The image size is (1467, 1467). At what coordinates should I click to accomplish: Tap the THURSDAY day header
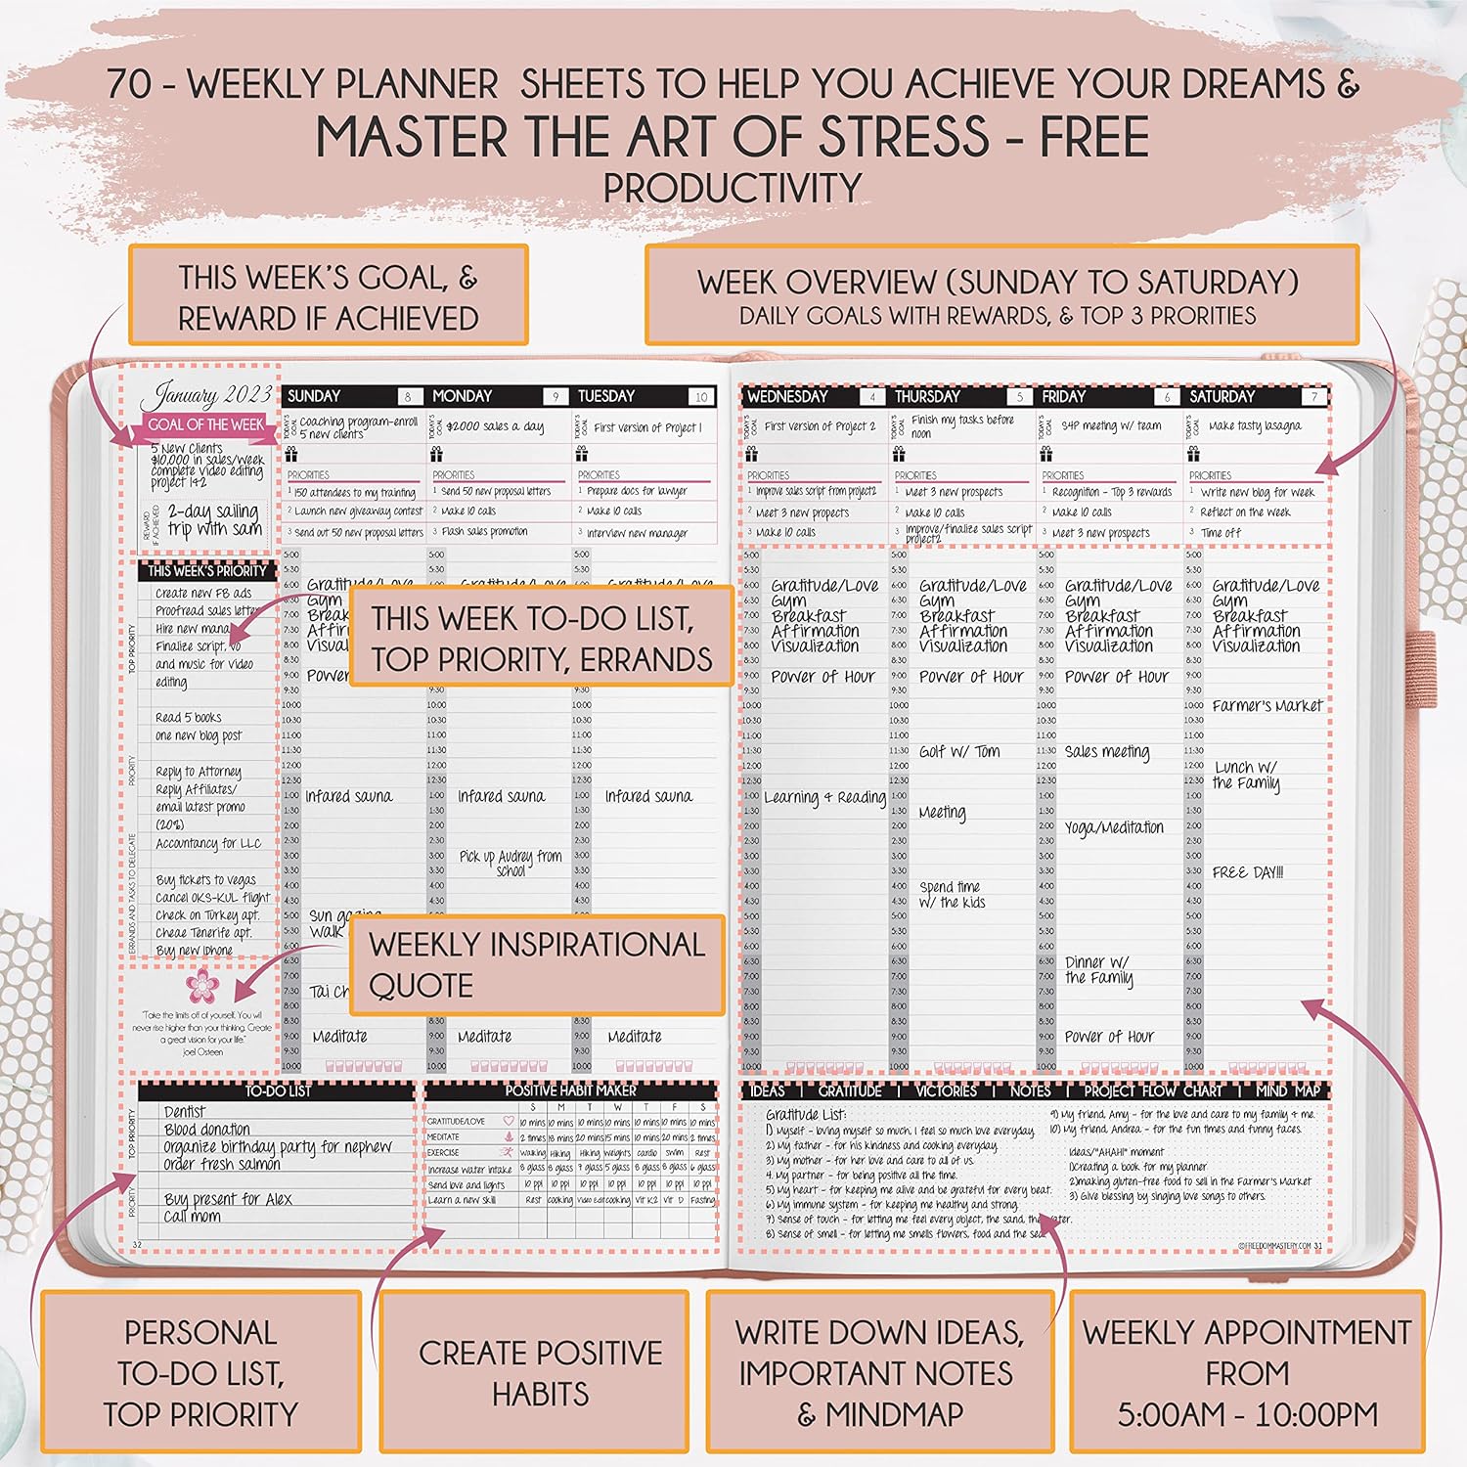[x=927, y=396]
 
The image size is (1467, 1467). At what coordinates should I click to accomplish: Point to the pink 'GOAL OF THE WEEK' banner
[x=205, y=424]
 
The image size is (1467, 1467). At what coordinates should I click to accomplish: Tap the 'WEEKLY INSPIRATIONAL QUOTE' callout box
[x=537, y=964]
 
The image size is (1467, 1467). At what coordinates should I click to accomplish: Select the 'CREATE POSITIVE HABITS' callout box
[x=541, y=1372]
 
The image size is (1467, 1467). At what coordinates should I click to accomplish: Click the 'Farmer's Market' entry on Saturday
[x=1267, y=705]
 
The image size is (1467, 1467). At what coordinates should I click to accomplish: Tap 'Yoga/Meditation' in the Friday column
[x=1114, y=827]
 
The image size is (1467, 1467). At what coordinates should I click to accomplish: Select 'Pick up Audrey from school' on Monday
[x=511, y=862]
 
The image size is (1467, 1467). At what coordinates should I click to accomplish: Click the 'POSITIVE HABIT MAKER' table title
[x=570, y=1089]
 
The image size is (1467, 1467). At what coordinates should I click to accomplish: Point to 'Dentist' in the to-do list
[x=185, y=1111]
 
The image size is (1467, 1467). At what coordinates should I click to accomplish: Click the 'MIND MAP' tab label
[x=1288, y=1089]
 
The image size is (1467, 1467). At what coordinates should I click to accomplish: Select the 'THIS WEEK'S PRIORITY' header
[x=207, y=570]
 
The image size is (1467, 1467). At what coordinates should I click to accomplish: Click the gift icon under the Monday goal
[x=436, y=454]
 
